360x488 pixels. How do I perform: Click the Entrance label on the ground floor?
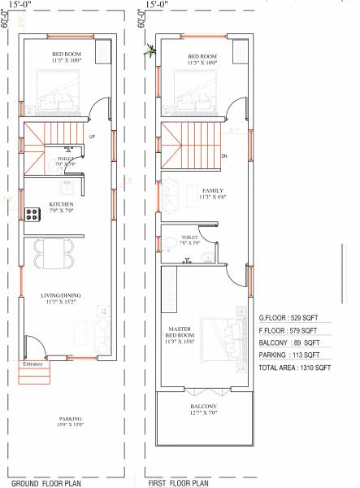coord(32,364)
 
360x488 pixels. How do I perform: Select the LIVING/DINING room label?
coord(62,298)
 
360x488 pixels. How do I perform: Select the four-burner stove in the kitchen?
coord(33,215)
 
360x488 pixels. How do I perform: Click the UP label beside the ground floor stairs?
coord(92,136)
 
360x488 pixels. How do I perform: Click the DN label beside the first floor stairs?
coord(223,155)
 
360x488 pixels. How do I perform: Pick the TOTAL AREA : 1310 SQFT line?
coord(294,368)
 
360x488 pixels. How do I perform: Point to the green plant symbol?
coord(150,51)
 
